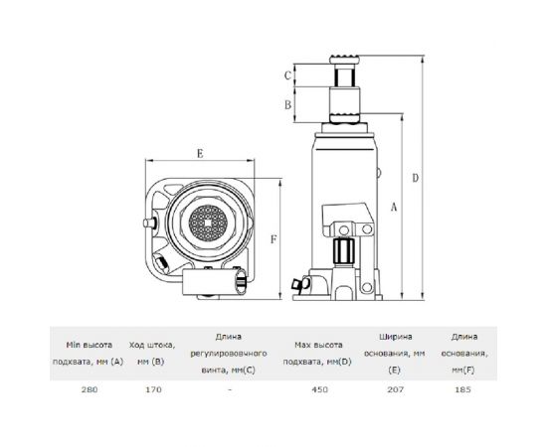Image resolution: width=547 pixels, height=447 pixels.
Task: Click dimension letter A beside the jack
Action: [x=394, y=207]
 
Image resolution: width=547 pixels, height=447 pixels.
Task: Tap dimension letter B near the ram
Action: [x=287, y=104]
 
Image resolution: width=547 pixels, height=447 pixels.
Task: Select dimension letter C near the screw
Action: [x=287, y=75]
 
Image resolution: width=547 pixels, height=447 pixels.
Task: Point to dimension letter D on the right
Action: [x=415, y=178]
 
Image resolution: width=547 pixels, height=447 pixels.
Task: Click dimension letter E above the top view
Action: [x=200, y=153]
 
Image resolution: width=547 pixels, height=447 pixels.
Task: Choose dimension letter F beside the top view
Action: [x=273, y=239]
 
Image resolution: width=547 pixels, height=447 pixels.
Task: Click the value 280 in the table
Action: [x=90, y=389]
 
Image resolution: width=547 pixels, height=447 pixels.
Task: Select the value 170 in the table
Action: [x=153, y=389]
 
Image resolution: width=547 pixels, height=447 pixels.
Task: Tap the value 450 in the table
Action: [x=320, y=389]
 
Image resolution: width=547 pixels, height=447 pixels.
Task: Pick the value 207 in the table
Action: [x=395, y=389]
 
